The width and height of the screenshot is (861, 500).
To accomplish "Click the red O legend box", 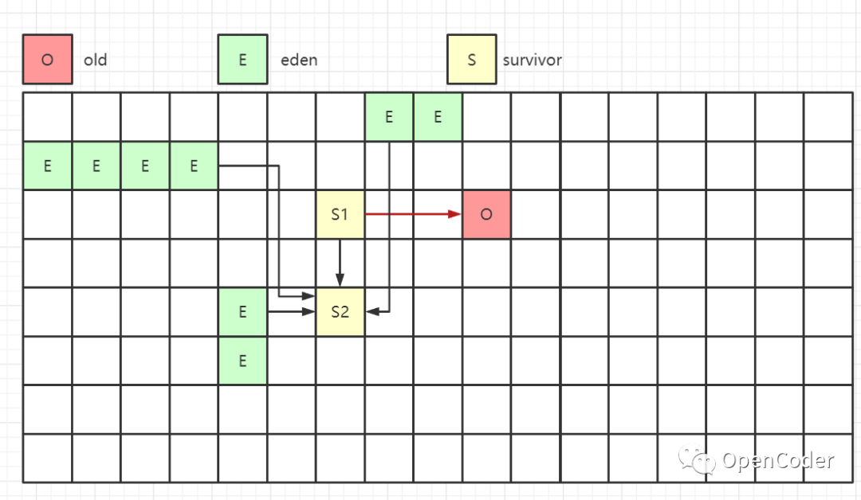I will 47,59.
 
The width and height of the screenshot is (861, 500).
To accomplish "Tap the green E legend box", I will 242,59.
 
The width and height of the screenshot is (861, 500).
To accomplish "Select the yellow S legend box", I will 471,59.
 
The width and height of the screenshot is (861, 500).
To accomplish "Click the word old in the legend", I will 95,60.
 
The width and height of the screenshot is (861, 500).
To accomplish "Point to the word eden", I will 299,60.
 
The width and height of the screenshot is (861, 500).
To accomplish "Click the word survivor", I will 533,60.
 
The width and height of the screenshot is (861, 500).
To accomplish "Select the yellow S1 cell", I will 340,214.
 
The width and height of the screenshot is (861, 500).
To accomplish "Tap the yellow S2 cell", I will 340,312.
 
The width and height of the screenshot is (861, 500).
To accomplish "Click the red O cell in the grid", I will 486,214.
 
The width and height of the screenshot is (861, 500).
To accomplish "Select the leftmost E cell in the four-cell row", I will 47,166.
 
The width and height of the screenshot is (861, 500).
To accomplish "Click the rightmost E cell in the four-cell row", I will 194,166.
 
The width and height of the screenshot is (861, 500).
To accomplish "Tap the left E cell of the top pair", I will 389,117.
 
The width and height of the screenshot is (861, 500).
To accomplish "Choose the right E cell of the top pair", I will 438,117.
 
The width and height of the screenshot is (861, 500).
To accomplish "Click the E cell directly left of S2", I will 242,312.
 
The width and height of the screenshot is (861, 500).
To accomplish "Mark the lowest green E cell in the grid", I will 242,361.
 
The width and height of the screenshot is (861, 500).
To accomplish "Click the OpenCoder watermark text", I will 777,460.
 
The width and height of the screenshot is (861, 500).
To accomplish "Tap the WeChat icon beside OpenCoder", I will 694,459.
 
